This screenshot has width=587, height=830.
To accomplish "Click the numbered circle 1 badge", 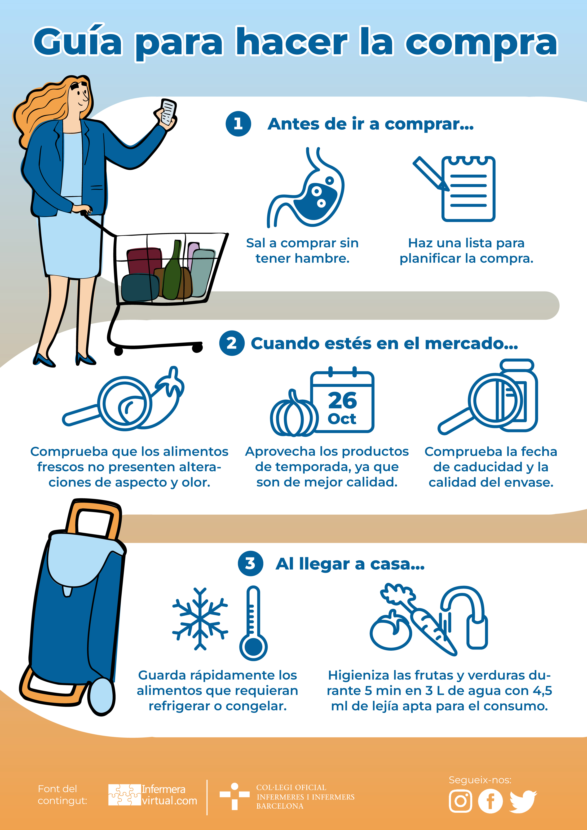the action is (238, 124).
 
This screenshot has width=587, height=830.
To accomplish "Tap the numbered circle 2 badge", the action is (232, 343).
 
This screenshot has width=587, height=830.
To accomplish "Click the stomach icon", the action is (305, 187).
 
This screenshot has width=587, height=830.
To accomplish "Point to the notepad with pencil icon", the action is (454, 189).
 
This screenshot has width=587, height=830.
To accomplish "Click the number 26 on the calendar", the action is (342, 400).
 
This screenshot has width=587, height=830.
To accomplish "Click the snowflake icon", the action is (200, 618).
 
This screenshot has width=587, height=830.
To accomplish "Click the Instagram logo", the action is (460, 801).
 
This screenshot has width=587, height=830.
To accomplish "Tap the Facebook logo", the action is (490, 801).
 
